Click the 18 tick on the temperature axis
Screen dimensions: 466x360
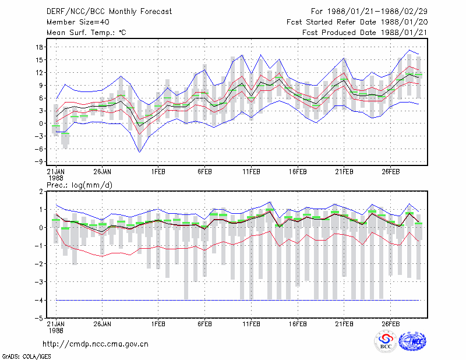coord(40,47)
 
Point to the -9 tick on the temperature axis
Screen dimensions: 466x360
coord(38,162)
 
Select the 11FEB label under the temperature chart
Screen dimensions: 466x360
coord(252,172)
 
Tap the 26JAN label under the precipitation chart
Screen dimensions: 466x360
coord(103,324)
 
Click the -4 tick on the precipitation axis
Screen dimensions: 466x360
coord(38,300)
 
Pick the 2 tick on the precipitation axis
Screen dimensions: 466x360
coord(41,192)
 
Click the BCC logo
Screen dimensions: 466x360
coord(386,341)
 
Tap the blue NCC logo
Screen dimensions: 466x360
coord(412,341)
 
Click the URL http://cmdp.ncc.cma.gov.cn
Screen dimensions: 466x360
coord(96,344)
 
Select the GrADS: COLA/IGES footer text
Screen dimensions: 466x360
coord(26,357)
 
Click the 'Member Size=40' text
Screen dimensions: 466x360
coord(78,22)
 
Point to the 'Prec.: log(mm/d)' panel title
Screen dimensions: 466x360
coord(79,185)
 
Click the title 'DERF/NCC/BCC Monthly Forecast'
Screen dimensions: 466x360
coord(109,12)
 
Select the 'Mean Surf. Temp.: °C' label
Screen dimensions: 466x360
coord(86,33)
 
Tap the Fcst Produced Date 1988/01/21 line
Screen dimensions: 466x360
coord(365,33)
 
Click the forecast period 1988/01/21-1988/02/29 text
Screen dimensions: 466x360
coord(369,12)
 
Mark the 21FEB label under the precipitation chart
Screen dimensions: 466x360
coord(344,324)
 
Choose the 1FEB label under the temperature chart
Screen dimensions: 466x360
coord(158,172)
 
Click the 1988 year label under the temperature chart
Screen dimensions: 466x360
coord(56,178)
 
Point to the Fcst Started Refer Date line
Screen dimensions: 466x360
coord(357,22)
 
